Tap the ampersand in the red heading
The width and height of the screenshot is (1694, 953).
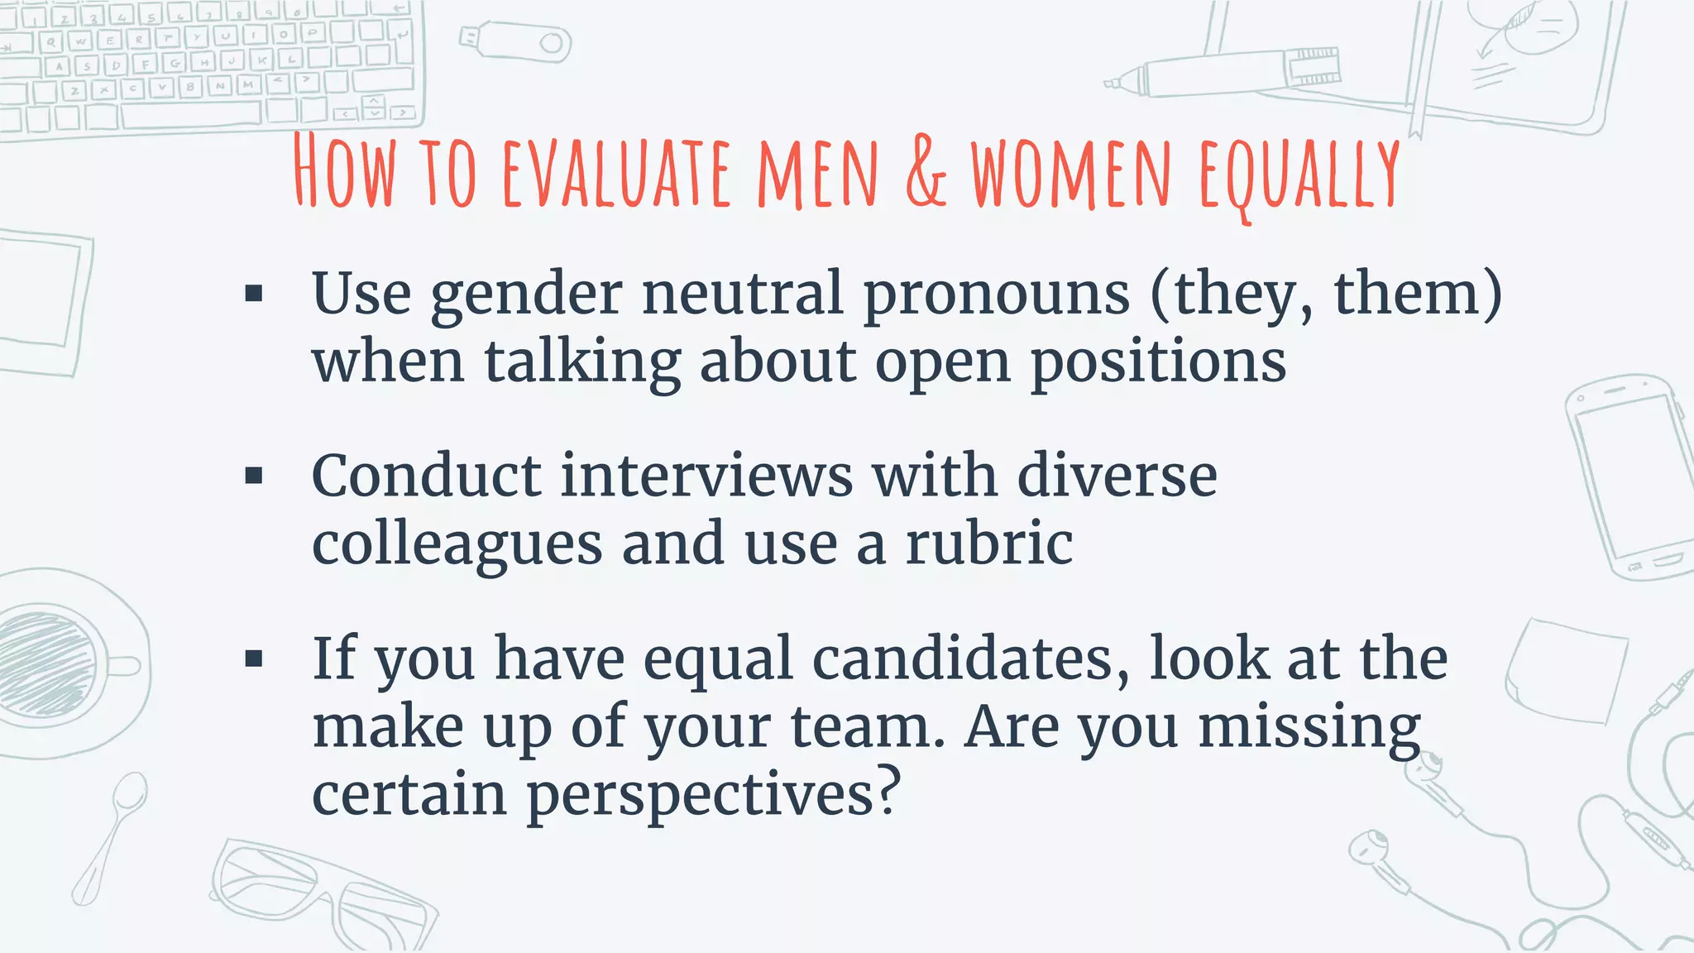925,172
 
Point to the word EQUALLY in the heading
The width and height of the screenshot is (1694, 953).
1299,175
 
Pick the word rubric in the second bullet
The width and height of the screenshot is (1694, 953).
989,544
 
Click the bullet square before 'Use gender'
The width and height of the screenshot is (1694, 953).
254,293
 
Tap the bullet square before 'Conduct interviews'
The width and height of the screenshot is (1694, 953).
254,476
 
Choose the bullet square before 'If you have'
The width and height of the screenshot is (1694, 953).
254,659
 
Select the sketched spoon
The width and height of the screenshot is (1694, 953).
112,836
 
